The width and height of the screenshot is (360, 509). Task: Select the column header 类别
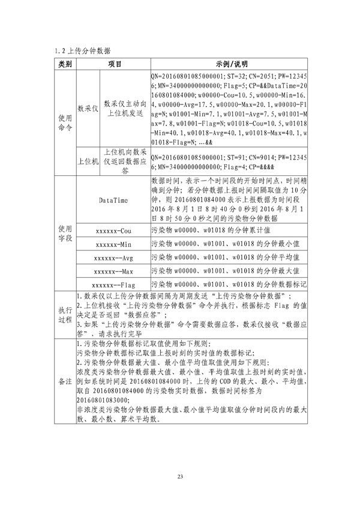pos(64,64)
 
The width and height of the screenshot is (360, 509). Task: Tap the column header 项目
pos(115,64)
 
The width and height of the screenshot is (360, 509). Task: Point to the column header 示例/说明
pos(230,64)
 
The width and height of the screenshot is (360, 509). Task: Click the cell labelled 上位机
pos(88,161)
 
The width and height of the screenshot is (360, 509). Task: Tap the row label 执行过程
pos(64,315)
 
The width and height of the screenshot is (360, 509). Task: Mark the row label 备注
pos(64,381)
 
